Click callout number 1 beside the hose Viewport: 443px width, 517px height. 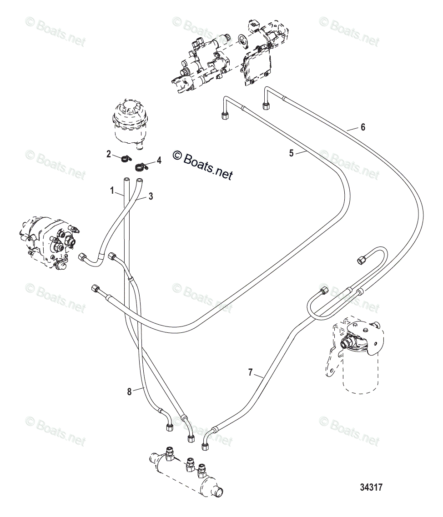point(112,191)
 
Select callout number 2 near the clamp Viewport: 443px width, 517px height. point(109,154)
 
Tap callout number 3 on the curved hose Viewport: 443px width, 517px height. point(151,196)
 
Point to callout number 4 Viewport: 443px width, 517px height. point(159,160)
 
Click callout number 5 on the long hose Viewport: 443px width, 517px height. point(291,153)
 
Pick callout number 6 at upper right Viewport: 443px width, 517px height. point(362,127)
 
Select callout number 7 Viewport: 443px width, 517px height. point(250,373)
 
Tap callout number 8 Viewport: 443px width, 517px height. point(129,391)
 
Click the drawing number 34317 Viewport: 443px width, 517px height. point(371,487)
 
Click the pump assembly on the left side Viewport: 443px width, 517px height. point(48,241)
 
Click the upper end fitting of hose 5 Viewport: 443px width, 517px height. point(224,115)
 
